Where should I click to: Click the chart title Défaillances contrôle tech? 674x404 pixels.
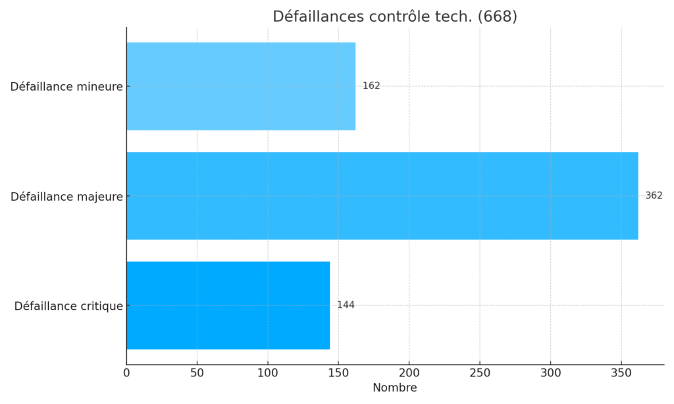coord(373,16)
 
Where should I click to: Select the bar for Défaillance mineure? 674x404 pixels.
coord(241,86)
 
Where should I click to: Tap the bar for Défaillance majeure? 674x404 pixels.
coord(382,195)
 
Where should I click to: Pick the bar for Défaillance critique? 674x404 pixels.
coord(228,305)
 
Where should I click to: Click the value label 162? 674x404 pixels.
coord(371,86)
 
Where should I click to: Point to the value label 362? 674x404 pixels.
coord(654,195)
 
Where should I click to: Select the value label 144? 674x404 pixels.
coord(346,305)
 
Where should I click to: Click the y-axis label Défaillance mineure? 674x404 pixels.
coord(66,86)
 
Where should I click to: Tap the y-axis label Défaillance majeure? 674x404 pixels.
coord(66,196)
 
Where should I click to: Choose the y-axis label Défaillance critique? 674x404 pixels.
coord(68,306)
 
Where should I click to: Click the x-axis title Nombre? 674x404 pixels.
coord(394,388)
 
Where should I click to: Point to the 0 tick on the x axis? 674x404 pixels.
coord(126,372)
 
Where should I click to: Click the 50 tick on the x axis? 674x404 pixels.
coord(197,372)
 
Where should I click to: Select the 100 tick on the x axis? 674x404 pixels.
coord(268,372)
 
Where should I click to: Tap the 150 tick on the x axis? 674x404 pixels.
coord(338,372)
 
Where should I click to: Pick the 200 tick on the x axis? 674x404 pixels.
coord(409,372)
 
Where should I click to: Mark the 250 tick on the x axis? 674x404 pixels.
coord(480,372)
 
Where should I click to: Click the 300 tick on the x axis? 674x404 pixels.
coord(550,372)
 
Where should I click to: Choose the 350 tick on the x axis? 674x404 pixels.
coord(621,372)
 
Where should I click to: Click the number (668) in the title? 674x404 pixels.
coord(497,16)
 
